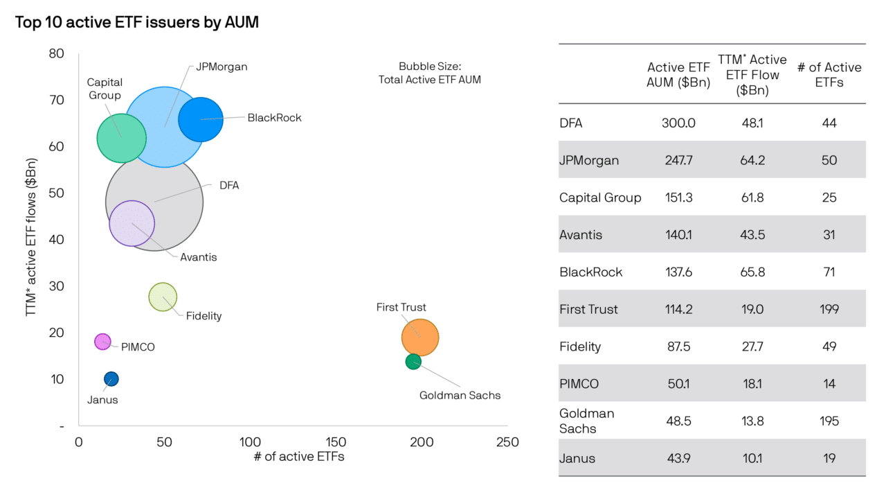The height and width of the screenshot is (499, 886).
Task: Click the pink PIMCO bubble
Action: [102, 342]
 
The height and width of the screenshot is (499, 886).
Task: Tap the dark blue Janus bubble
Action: [111, 379]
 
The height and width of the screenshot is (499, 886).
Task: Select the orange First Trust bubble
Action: [420, 338]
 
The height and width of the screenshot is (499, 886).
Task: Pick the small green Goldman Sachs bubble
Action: [413, 362]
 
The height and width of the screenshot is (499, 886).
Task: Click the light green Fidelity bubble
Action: [163, 297]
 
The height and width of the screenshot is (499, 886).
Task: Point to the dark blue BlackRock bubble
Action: [201, 119]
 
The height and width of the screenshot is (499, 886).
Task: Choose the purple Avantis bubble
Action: [132, 223]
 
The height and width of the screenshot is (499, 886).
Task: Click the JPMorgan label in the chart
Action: [221, 67]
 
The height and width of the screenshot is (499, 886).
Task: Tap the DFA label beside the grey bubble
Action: [229, 185]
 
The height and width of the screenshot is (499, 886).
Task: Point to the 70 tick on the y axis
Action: [57, 100]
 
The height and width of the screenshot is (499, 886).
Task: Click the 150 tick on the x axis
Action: [336, 442]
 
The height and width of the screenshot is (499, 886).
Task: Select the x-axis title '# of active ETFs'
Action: [299, 457]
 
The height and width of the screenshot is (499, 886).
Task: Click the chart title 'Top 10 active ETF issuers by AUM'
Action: [137, 22]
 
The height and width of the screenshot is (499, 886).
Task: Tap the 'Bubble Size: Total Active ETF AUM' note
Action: [430, 73]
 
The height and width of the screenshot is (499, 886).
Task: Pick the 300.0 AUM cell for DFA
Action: [678, 123]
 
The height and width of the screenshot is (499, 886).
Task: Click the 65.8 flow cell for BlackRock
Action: [752, 272]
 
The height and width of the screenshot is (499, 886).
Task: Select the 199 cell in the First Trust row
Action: [829, 309]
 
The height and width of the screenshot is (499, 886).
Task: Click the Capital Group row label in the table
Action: [600, 198]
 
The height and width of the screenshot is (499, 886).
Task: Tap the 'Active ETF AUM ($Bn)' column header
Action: [678, 75]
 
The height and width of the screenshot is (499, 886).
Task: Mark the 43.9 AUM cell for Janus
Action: [678, 458]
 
